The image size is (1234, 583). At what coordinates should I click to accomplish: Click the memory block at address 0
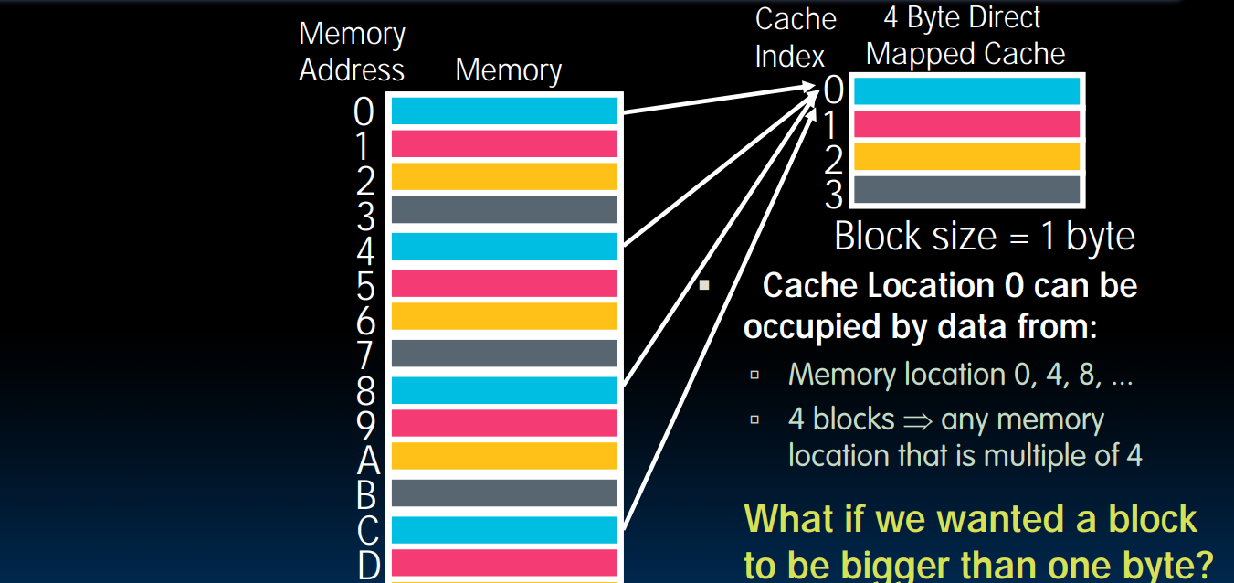click(504, 111)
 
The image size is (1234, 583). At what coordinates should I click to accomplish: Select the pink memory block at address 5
click(504, 283)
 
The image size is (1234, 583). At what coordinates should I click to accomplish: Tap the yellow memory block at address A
click(504, 457)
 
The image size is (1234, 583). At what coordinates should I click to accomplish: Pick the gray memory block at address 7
click(504, 353)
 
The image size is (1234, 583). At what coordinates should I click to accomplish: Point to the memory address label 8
click(364, 391)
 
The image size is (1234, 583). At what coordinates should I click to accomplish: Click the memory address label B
click(365, 495)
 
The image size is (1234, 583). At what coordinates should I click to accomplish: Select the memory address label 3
click(364, 217)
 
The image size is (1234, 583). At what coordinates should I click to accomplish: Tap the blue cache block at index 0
click(966, 91)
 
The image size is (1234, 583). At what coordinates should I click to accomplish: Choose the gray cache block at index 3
click(966, 190)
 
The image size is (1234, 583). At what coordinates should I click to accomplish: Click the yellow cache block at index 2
click(966, 157)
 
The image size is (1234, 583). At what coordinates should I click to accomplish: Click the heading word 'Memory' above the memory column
click(508, 70)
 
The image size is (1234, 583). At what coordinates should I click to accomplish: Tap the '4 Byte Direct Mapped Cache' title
click(965, 36)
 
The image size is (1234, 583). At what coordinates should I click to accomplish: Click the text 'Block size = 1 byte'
click(984, 237)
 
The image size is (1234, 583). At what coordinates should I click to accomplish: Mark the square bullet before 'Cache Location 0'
click(703, 285)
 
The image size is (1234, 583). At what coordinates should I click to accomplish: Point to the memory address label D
click(366, 565)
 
